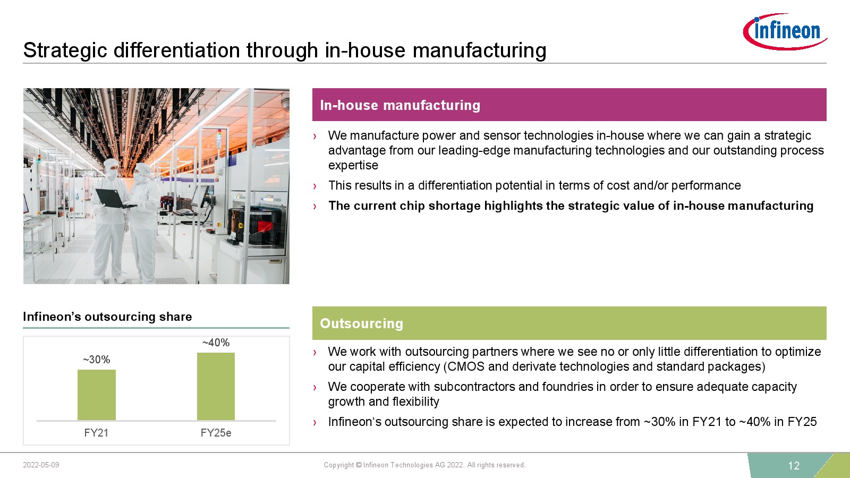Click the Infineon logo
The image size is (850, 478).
785,31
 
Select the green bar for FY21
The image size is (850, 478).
96,395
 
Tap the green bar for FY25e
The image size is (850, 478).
216,387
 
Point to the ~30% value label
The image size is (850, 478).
96,359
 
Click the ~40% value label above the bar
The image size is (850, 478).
216,343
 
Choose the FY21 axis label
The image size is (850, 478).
96,433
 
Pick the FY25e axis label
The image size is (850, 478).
216,433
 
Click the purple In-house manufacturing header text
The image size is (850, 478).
400,105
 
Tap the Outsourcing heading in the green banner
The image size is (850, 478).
361,323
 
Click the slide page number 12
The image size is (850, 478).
794,465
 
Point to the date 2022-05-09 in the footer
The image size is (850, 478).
41,465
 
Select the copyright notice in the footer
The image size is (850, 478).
424,465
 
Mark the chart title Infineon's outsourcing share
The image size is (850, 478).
107,317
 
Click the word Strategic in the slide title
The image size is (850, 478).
65,50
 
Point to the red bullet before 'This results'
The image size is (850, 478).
314,186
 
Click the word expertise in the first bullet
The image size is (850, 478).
353,165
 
